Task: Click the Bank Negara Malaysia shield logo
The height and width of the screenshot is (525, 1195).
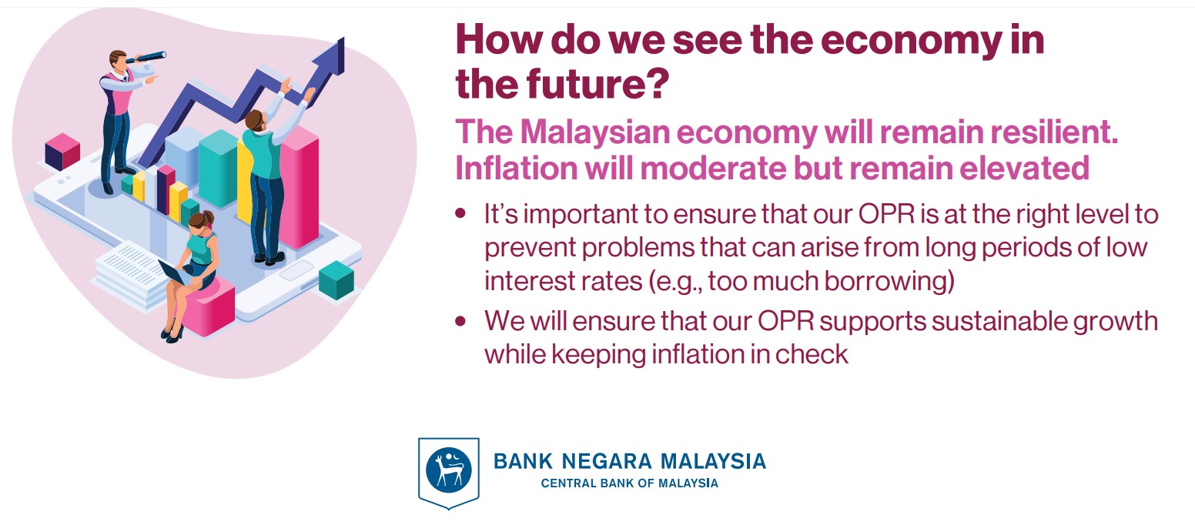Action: click(448, 472)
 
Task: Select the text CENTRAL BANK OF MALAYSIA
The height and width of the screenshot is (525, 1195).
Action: click(630, 483)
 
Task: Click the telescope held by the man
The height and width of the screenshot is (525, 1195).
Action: click(146, 57)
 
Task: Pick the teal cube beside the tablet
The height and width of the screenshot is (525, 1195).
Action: click(336, 279)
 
